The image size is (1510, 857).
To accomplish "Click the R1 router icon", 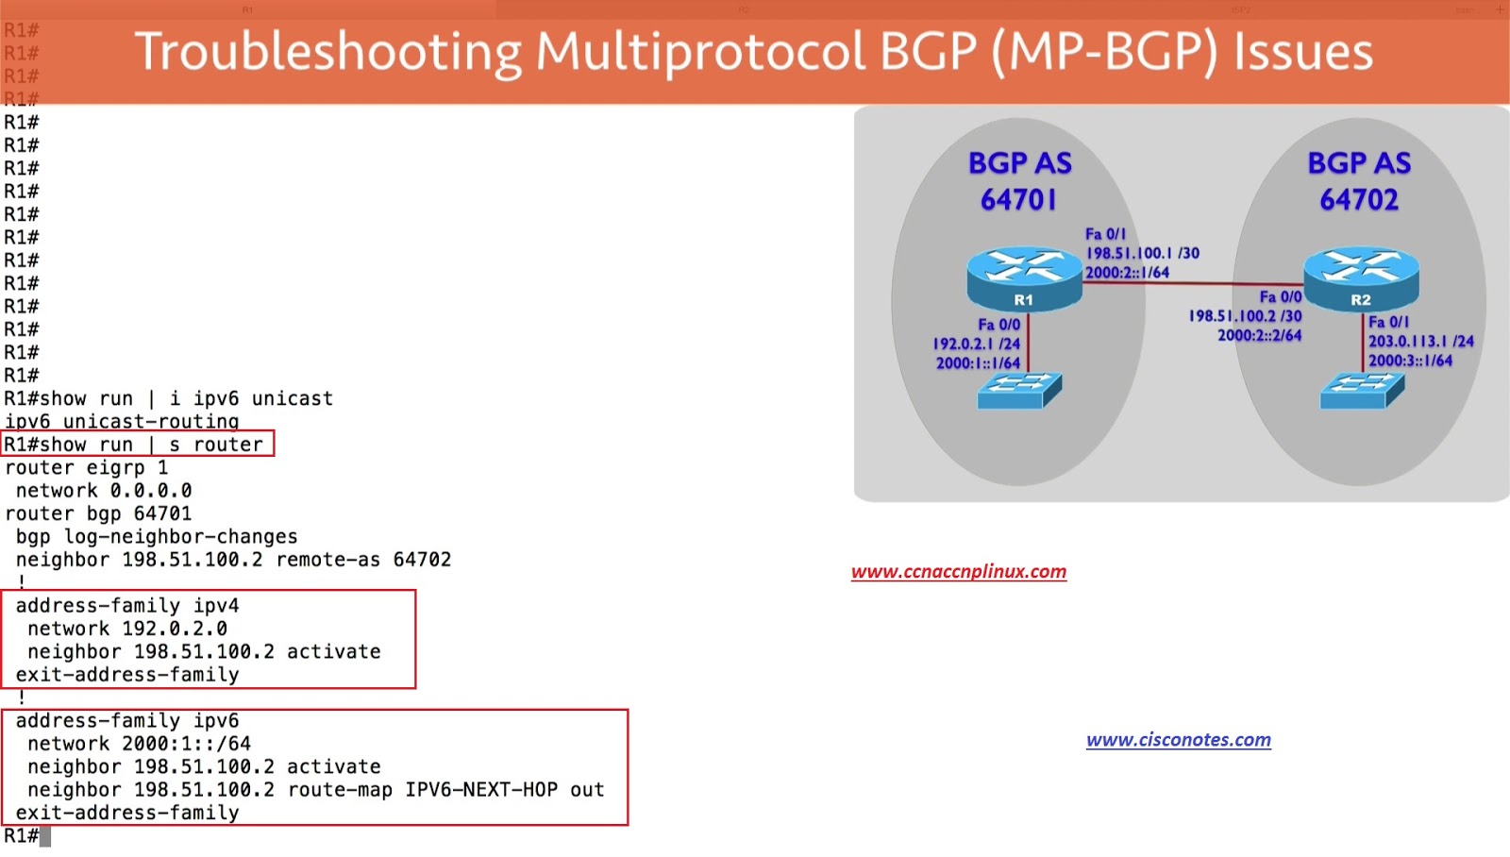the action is (x=1024, y=279).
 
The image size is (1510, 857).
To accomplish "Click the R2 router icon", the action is (x=1361, y=279).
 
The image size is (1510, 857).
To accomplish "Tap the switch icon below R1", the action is (x=1019, y=391).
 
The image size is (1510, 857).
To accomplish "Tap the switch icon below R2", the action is (x=1363, y=391).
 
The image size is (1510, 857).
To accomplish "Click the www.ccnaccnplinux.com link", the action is (x=959, y=572).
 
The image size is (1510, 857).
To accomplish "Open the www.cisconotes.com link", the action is (x=1179, y=740).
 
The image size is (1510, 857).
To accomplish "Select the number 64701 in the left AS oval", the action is (x=1018, y=199).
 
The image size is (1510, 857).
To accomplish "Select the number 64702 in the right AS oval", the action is (x=1359, y=199).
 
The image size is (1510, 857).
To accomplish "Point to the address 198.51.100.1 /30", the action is (x=1143, y=254).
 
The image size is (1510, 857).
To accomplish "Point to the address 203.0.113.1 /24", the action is (x=1421, y=341).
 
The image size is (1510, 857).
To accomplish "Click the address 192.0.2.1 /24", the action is (x=976, y=344).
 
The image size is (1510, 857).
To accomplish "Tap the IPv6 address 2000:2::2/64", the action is (x=1259, y=335).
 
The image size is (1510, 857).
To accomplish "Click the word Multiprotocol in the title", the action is (x=699, y=53).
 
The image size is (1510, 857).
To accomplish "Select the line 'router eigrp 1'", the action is (x=86, y=467).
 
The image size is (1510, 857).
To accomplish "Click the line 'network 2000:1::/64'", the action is (x=139, y=744).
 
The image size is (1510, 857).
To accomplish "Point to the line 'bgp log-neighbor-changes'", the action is (x=157, y=537).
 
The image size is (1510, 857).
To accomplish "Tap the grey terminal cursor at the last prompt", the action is (x=45, y=836).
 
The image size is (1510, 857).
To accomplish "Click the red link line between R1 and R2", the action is (x=1193, y=284).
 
